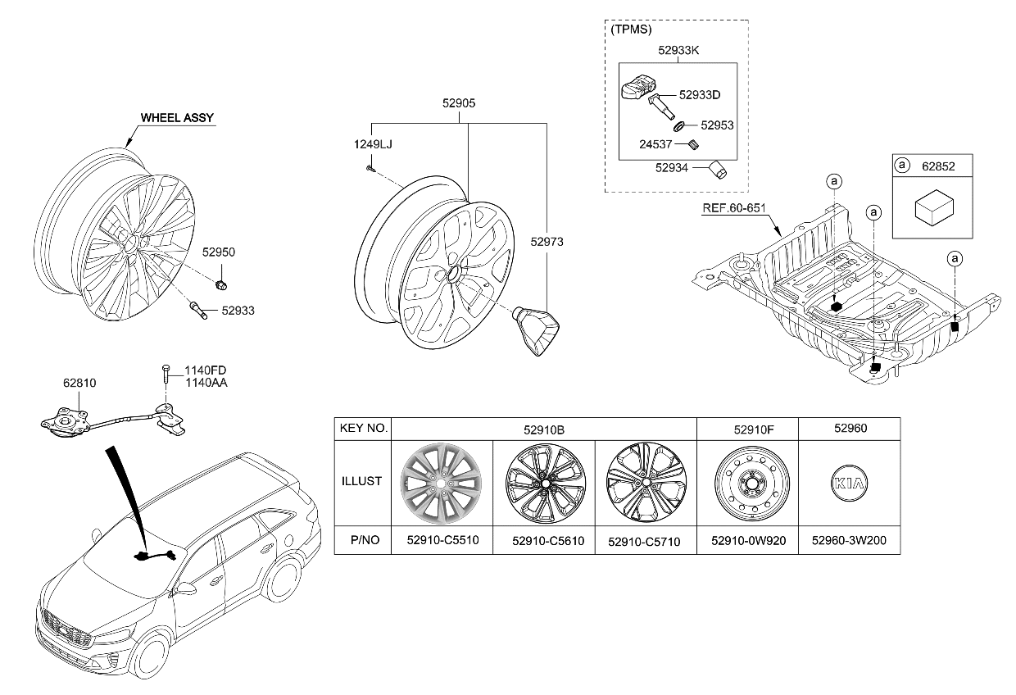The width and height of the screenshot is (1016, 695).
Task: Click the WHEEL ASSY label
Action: [177, 118]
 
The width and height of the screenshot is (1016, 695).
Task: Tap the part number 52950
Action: [219, 252]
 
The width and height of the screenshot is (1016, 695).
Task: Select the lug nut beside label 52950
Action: [221, 284]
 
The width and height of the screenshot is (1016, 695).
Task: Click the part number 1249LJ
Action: [373, 144]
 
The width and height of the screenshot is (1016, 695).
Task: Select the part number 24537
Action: [656, 145]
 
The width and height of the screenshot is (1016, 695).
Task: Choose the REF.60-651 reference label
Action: [733, 208]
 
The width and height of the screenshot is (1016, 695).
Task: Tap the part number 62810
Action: [79, 381]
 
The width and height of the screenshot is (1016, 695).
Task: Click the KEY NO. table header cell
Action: [363, 429]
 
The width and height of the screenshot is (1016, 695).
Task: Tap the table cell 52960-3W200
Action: [849, 541]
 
